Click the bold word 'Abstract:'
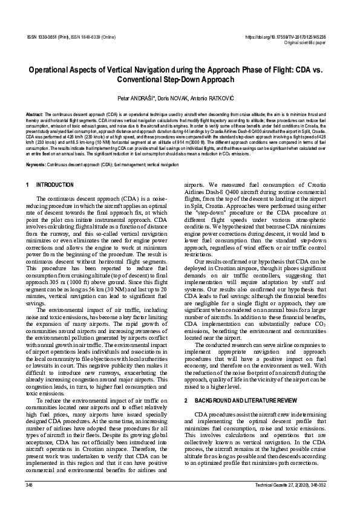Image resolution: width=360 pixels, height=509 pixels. click(34, 114)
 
